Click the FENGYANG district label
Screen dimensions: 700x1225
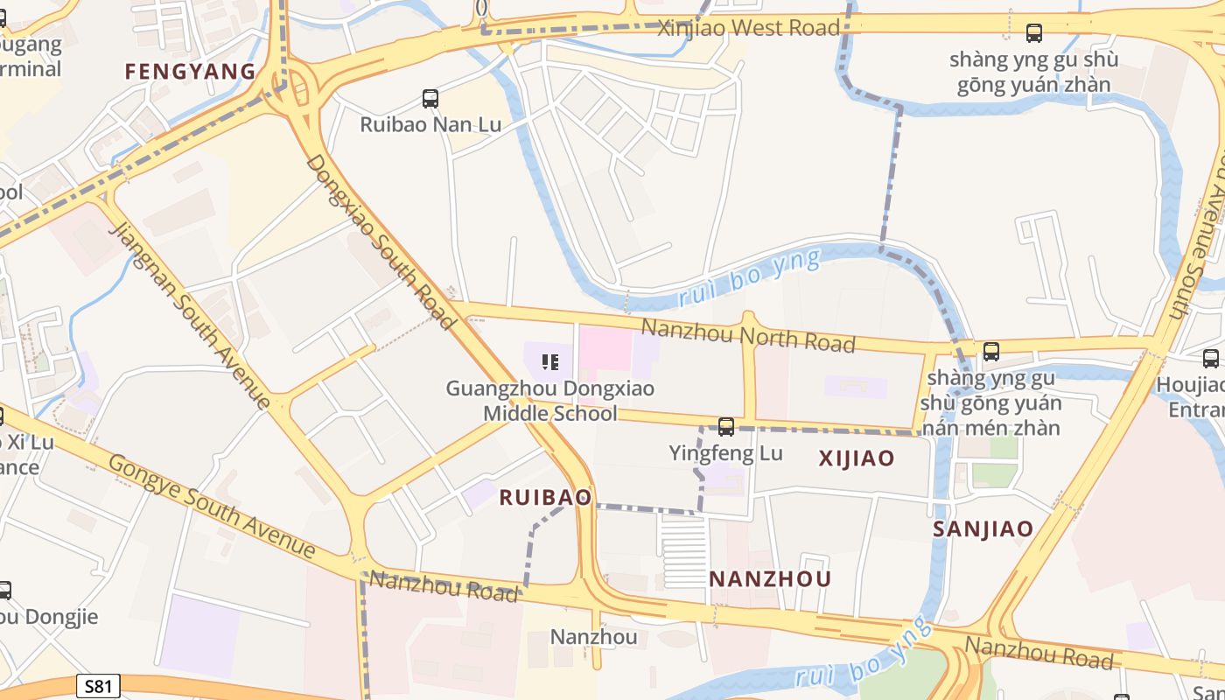(190, 71)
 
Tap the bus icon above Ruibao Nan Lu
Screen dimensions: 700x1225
(430, 98)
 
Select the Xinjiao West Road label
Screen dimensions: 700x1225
(748, 28)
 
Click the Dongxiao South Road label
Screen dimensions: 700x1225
(381, 243)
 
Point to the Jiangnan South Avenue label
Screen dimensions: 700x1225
(190, 316)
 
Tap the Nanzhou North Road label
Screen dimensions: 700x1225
(747, 336)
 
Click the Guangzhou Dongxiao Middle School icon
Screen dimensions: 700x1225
(550, 360)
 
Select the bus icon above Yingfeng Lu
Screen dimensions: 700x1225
(725, 427)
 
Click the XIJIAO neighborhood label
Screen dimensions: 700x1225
(856, 458)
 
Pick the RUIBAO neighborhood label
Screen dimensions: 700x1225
(545, 497)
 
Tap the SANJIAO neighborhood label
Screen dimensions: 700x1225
(983, 528)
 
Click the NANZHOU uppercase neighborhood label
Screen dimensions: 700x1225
(770, 578)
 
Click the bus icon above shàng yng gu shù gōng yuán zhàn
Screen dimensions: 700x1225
(1033, 33)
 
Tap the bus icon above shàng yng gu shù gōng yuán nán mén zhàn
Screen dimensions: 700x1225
(990, 352)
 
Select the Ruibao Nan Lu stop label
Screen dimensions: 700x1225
(430, 124)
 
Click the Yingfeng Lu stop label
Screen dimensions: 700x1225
(725, 453)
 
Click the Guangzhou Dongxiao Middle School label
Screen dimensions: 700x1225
(550, 400)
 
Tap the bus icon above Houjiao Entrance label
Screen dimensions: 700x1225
(1210, 358)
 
